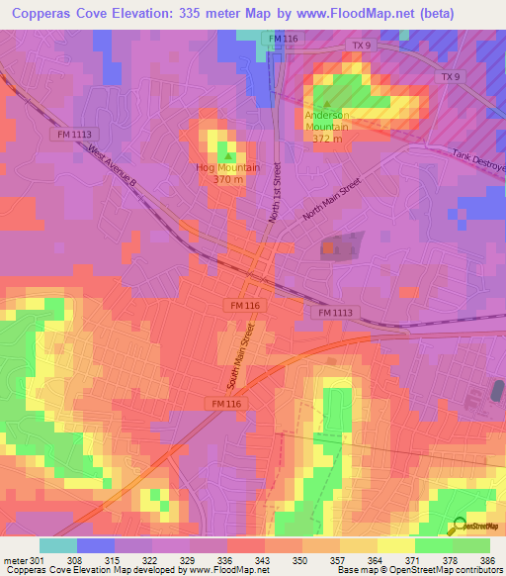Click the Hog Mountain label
point(228,167)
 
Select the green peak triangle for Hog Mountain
point(229,155)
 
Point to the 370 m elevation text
point(228,179)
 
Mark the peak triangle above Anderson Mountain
point(326,102)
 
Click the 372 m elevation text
point(326,139)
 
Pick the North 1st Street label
point(278,192)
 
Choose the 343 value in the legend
point(265,558)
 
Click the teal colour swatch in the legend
point(58,545)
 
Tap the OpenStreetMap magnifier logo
point(458,526)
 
